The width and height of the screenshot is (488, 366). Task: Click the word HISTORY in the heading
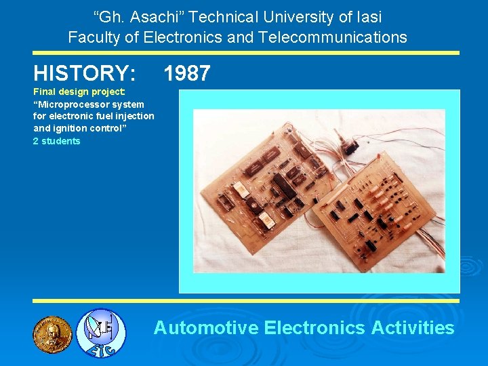click(84, 73)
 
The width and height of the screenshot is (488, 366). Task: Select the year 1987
click(187, 73)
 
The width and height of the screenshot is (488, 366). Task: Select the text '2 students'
click(56, 141)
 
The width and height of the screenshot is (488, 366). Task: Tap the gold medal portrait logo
click(52, 334)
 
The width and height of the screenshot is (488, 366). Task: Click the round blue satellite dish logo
click(100, 333)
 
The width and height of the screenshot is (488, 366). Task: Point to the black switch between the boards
click(352, 145)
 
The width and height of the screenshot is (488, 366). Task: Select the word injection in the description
click(134, 117)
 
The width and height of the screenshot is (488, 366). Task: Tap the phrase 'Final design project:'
click(79, 92)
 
